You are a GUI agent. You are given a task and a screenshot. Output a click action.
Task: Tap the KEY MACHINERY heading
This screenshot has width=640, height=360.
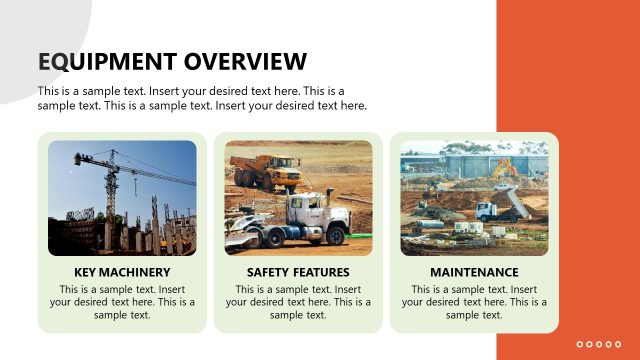coord(122,272)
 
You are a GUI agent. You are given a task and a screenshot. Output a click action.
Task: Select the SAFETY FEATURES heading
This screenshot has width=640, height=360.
coord(298,272)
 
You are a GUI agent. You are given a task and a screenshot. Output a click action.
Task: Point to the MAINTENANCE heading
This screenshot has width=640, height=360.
coord(474,272)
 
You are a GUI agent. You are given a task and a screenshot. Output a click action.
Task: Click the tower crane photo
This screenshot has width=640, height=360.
coord(122,198)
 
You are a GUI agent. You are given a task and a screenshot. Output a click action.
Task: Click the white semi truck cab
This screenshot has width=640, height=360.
coord(305,212)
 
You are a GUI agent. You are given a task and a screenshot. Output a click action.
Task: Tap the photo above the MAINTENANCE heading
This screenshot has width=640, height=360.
coord(474,198)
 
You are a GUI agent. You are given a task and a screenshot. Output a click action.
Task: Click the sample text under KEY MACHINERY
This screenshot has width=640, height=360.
coord(122,302)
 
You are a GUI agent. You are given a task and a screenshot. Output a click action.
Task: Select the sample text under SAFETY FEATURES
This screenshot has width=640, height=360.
coord(298,302)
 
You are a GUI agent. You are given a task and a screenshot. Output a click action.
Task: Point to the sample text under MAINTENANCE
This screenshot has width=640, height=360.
coord(474,302)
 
